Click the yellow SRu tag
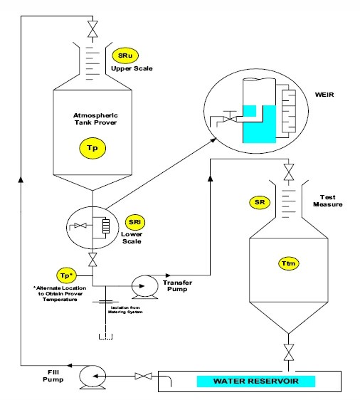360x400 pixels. click(x=122, y=56)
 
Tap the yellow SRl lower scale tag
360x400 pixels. click(x=131, y=221)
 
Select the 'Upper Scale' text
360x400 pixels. click(x=127, y=69)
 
